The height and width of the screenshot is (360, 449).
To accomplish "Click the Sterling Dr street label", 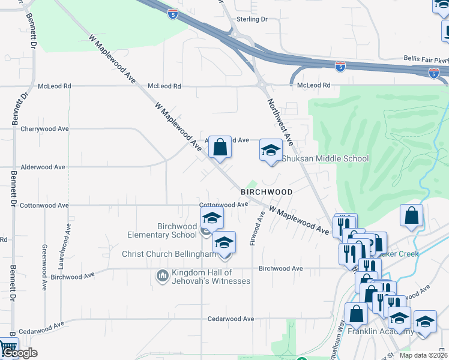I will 252,19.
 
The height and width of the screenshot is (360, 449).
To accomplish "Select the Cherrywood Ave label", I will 44,129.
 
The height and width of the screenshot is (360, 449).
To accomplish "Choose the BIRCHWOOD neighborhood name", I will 267,192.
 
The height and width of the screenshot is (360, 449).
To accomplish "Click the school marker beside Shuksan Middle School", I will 271,149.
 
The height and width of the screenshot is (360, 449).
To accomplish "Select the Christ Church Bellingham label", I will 169,254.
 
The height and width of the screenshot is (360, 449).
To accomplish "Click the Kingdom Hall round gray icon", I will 162,275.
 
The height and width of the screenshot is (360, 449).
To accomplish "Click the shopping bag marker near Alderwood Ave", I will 220,147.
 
